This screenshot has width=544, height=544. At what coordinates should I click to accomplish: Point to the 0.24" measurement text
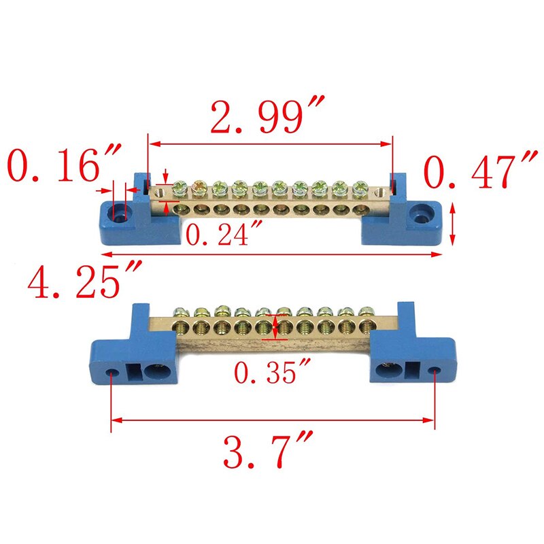coord(224,235)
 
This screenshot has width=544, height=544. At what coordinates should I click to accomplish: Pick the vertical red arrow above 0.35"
coord(274,327)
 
